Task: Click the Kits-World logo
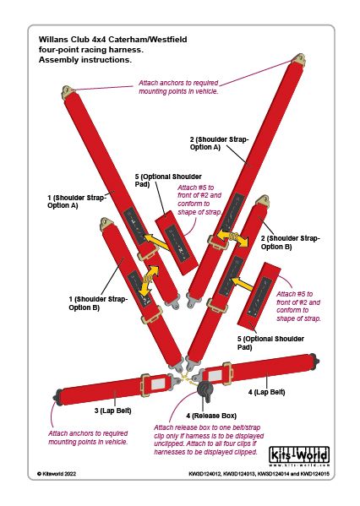299,457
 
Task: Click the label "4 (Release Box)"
211,416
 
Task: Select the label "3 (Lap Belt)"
112,411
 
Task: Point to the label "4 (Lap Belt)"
267,392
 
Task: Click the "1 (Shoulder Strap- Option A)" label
77,201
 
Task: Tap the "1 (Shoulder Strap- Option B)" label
98,303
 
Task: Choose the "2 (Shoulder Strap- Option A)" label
219,144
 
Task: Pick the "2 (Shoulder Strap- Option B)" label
290,242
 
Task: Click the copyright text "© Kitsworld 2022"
57,474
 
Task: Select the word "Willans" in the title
52,40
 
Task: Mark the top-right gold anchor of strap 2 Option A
299,59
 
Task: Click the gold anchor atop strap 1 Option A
68,91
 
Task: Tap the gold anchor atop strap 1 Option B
107,223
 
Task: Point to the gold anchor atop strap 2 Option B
263,200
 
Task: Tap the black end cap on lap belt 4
315,360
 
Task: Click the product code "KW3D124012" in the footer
205,474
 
